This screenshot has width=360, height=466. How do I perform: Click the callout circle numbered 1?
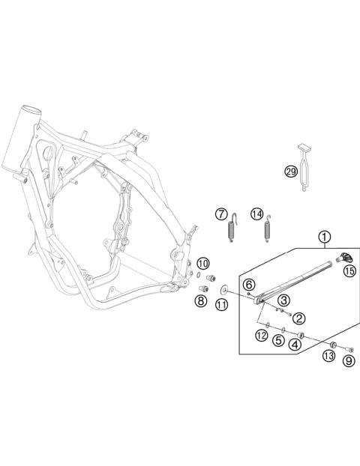pos(324,239)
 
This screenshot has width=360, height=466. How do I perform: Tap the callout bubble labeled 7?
pos(222,214)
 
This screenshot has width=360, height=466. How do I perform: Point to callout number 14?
pos(256,214)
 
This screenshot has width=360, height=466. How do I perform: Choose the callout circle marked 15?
pos(349,271)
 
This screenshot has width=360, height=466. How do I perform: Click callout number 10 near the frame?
pos(203,263)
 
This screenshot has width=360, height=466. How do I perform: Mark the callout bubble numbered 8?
pos(201,301)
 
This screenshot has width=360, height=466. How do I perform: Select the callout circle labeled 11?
pos(222,304)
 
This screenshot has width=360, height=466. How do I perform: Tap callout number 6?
pos(249,284)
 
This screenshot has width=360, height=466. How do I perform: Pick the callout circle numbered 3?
pos(283,300)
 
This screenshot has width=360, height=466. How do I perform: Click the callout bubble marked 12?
pos(261,335)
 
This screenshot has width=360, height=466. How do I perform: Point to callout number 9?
pos(348,360)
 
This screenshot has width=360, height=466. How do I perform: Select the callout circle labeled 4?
pos(295,345)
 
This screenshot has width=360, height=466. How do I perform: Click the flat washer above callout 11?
pos(223,288)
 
